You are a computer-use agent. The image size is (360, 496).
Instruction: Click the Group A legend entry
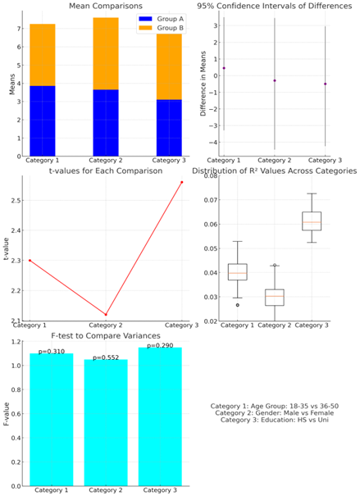coord(161,19)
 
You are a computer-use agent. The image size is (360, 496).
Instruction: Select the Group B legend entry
coord(161,28)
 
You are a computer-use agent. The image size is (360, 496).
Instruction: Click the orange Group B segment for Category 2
coord(106,54)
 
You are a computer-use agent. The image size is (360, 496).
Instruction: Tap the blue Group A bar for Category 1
coord(43,121)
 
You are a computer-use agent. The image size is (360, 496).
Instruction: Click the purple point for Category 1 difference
coord(224,68)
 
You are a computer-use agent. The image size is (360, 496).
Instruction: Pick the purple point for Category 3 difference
coord(326,84)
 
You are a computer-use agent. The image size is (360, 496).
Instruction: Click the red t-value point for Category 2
coord(106,315)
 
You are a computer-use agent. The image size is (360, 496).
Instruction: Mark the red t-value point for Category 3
coord(182,182)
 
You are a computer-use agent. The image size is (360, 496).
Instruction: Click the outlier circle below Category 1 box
coord(238,305)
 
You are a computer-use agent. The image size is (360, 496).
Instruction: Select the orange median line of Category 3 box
coord(312,222)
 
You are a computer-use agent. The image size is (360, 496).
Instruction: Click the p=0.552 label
coord(106,357)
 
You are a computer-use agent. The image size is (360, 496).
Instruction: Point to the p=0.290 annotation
coord(160,345)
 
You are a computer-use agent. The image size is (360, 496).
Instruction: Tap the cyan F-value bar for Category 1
coord(52,420)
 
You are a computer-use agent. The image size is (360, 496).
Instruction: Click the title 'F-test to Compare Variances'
coord(106,335)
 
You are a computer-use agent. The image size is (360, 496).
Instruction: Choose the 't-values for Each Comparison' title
coord(106,171)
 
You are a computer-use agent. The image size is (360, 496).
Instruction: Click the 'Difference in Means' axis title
coord(203,84)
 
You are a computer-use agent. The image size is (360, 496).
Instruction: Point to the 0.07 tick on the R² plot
coord(211,200)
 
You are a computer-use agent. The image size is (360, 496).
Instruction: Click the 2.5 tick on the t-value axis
coord(15,201)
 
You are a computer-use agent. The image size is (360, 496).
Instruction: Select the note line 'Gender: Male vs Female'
coord(274,413)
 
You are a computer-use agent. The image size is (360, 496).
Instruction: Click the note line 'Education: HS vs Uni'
coord(274,420)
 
